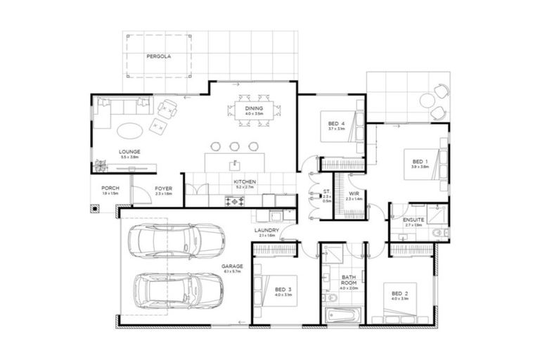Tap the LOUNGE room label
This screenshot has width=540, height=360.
(129, 151)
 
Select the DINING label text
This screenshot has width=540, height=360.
(254, 108)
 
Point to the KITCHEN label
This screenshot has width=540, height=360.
(245, 182)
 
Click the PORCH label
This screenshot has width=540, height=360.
(110, 188)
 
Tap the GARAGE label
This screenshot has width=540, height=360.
(232, 266)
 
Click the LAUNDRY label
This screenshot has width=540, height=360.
(268, 231)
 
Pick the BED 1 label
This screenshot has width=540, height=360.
(420, 161)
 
